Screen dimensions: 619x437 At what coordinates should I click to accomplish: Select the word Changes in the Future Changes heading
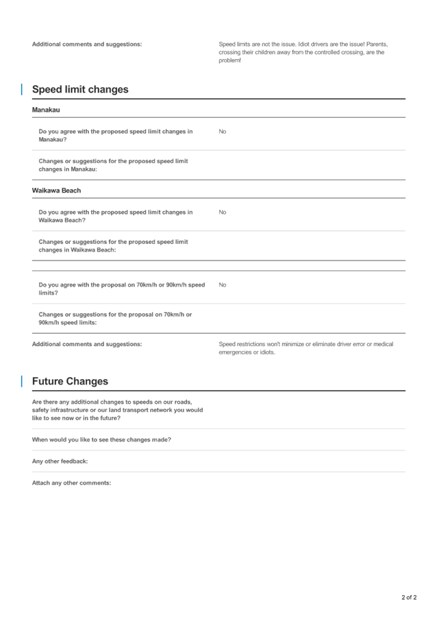click(x=88, y=381)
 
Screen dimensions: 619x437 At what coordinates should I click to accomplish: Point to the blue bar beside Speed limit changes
click(x=22, y=90)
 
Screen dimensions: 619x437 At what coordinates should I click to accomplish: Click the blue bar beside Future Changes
click(x=22, y=381)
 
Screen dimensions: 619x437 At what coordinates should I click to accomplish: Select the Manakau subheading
click(x=46, y=110)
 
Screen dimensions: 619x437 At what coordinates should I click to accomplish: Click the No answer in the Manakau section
click(x=222, y=131)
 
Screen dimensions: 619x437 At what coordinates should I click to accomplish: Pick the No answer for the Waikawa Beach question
click(x=222, y=212)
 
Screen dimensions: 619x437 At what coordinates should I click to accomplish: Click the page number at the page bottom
click(x=409, y=597)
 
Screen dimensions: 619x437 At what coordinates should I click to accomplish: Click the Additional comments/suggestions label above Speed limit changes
click(x=87, y=45)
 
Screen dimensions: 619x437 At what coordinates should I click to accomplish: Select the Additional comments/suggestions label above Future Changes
click(x=87, y=344)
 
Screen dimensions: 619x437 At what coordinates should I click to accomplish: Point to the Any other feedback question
click(x=60, y=461)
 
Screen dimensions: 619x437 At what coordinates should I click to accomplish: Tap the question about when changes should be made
click(x=101, y=439)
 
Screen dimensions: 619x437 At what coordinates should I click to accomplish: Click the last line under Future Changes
click(x=71, y=483)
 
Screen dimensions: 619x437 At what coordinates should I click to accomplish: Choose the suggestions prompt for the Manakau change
click(x=113, y=165)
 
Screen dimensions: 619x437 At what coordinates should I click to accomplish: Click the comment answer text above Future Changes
click(x=305, y=348)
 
